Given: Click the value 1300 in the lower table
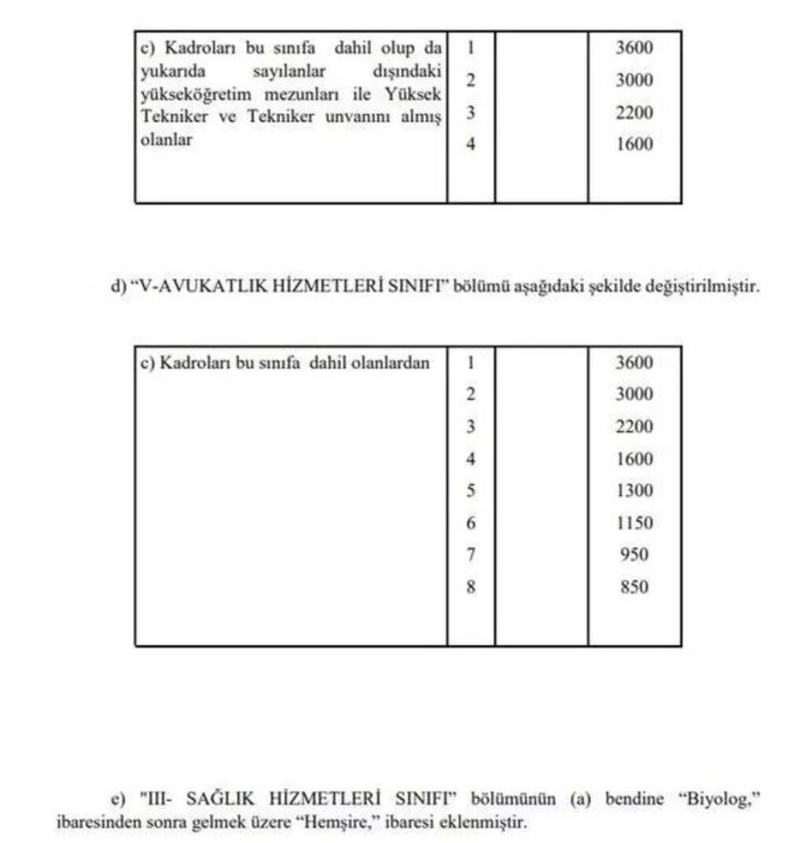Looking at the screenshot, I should [x=634, y=491].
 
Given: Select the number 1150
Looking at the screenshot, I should [x=634, y=523].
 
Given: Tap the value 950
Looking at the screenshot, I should [x=634, y=555].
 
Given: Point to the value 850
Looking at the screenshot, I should [x=634, y=587].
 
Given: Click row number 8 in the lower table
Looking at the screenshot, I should [x=471, y=587].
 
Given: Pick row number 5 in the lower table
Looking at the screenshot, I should [x=471, y=491].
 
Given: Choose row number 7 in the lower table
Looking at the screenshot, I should [x=471, y=555].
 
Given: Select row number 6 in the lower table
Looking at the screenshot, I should [x=471, y=523].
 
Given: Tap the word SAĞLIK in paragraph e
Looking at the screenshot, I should [x=224, y=800].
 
